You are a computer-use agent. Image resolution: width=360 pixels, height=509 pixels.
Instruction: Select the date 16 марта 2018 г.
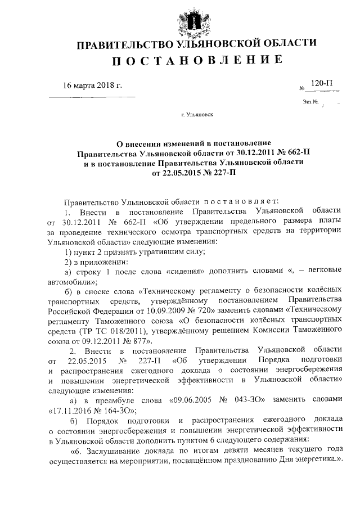point(92,85)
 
